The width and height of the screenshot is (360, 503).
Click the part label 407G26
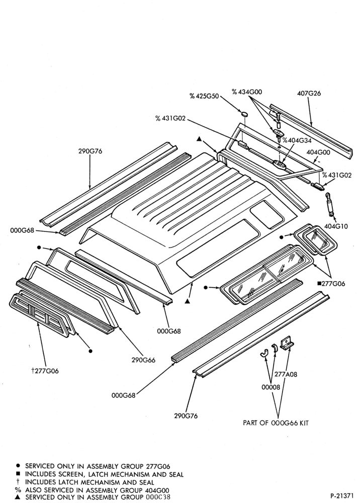click(x=309, y=94)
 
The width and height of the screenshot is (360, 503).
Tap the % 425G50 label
click(x=204, y=96)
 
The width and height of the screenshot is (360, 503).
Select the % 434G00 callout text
click(x=247, y=92)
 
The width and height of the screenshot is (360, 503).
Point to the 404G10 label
click(x=336, y=226)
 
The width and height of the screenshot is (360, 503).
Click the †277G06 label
click(x=45, y=371)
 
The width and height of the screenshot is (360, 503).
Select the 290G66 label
click(x=143, y=360)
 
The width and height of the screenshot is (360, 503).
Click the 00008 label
click(x=271, y=387)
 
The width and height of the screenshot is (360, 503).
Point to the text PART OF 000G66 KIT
click(x=276, y=423)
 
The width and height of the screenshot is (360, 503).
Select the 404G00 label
click(x=318, y=152)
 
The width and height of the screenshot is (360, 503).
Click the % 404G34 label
click(x=297, y=140)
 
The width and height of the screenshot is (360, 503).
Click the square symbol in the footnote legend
click(x=18, y=474)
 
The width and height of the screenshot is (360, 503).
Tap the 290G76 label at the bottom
click(x=186, y=416)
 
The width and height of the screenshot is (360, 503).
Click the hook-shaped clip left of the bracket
click(x=263, y=352)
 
